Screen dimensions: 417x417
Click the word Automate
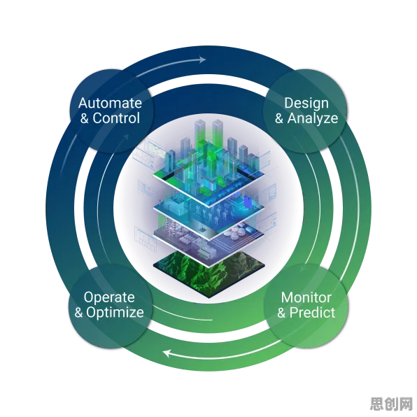pos(110,103)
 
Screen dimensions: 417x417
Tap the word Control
pos(116,118)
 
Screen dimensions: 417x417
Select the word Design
pos(306,104)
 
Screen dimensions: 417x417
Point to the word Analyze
pos(313,119)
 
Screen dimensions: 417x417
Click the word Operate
pos(109,298)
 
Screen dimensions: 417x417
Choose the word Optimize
pos(115,313)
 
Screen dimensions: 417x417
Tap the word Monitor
pos(306,297)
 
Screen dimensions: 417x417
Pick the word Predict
pos(312,313)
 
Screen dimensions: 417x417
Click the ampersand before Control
pos(84,119)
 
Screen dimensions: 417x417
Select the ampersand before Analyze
pos(279,119)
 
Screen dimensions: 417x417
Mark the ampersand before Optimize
pos(78,313)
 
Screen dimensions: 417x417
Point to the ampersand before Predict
pos(281,313)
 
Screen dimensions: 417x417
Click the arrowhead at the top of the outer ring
pos(202,59)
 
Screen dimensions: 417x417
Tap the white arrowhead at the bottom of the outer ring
pos(167,353)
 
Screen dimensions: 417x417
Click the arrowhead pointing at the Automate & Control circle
pos(126,138)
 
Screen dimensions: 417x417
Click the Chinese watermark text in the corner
pos(390,404)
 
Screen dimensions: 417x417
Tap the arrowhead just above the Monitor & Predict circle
pos(303,269)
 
